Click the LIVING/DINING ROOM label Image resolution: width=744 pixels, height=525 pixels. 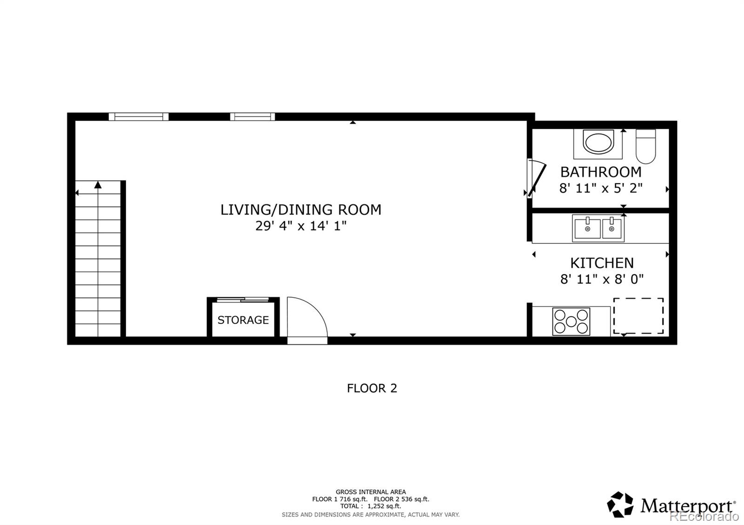(x=301, y=210)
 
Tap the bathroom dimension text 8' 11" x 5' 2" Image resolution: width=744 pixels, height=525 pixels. (x=601, y=188)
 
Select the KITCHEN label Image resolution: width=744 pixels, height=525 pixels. (x=602, y=263)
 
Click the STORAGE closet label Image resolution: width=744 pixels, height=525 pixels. (x=243, y=320)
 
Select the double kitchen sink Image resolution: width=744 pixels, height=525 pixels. (x=598, y=228)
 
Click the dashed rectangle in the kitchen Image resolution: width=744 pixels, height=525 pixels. (x=638, y=316)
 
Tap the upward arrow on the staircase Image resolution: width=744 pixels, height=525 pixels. (x=98, y=185)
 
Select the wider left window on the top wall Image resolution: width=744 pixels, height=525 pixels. (x=139, y=117)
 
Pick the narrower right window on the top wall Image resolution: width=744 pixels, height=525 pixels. (x=252, y=117)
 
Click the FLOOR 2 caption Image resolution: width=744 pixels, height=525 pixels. (x=372, y=388)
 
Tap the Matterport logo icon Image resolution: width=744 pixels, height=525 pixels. (x=620, y=505)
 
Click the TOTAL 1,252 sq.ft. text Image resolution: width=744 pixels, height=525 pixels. (x=371, y=506)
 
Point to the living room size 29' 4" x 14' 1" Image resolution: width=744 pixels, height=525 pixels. (x=301, y=226)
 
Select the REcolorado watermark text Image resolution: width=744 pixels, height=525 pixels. (x=704, y=516)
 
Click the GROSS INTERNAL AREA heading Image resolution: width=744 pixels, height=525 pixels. (x=371, y=492)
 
